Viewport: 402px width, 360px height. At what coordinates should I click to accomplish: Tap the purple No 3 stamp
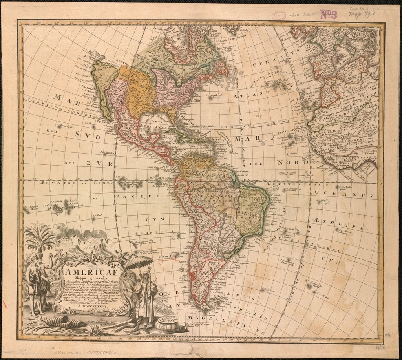click(329, 15)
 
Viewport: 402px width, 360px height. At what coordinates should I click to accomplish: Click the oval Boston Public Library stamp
click(280, 15)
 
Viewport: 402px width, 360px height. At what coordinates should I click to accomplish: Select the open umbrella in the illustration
click(137, 262)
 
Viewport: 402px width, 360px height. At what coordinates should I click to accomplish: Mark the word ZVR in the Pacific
click(100, 163)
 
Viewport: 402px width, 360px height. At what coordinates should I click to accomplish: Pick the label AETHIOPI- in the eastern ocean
click(344, 222)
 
